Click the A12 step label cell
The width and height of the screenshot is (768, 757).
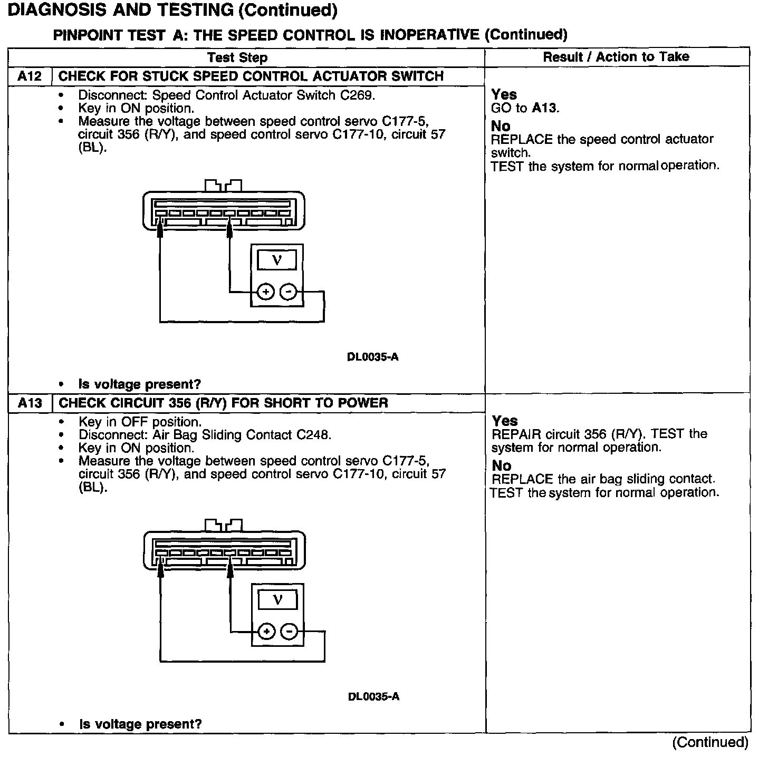pos(30,76)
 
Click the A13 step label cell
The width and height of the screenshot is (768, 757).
pos(30,403)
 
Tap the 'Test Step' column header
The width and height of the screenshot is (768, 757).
pos(237,57)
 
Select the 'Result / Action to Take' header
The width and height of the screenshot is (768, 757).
pos(616,57)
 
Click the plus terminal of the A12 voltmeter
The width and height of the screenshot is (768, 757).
pos(266,292)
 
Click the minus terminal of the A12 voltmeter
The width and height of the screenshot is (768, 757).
pos(288,292)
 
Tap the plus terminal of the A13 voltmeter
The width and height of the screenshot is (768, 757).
pos(267,632)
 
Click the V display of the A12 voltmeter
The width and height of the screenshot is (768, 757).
pos(277,260)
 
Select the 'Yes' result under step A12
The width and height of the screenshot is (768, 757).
pos(504,94)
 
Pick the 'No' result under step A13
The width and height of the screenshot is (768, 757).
pos(502,465)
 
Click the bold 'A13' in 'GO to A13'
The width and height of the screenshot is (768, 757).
pos(544,109)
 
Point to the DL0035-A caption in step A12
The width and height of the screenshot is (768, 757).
pos(372,357)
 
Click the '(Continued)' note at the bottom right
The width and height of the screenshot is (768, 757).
pos(710,742)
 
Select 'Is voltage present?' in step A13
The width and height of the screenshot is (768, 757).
pos(140,724)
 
